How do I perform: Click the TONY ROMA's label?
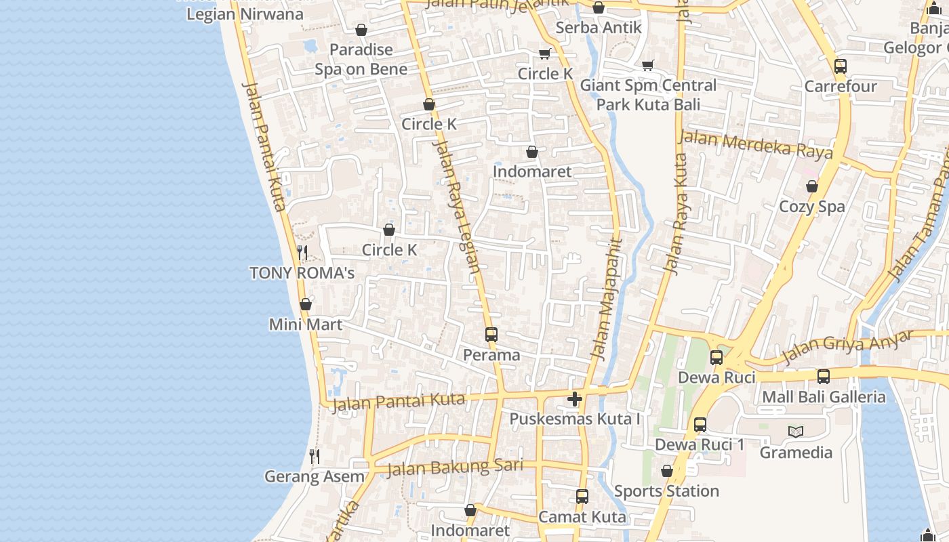[302, 273]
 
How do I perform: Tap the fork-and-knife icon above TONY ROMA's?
[302, 253]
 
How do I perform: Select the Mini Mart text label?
[306, 325]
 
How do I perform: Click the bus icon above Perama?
[491, 335]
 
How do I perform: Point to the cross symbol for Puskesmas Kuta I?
[575, 399]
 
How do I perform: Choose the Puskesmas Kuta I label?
[575, 419]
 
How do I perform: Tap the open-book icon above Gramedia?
[796, 432]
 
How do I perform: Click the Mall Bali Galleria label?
[824, 397]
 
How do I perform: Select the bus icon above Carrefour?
[841, 66]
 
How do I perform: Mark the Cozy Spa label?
[812, 207]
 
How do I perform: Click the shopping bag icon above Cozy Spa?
[812, 186]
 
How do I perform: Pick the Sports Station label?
[666, 491]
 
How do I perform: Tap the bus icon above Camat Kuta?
[582, 497]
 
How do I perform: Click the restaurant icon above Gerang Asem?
[315, 457]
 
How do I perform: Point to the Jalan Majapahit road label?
[607, 298]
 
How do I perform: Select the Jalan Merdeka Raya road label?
[756, 144]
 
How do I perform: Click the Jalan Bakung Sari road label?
[455, 467]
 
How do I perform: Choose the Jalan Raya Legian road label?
[456, 203]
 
